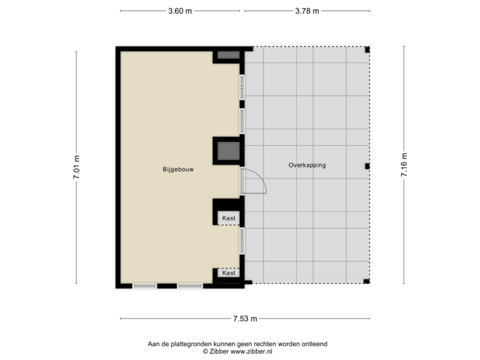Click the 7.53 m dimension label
click(x=245, y=319)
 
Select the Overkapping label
click(x=307, y=165)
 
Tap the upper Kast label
click(x=229, y=217)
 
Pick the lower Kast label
click(x=229, y=273)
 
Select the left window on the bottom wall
click(x=145, y=286)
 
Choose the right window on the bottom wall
click(x=189, y=286)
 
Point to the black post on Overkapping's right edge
click(x=367, y=166)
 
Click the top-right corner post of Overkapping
click(x=369, y=48)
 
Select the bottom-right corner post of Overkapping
click(x=368, y=283)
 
